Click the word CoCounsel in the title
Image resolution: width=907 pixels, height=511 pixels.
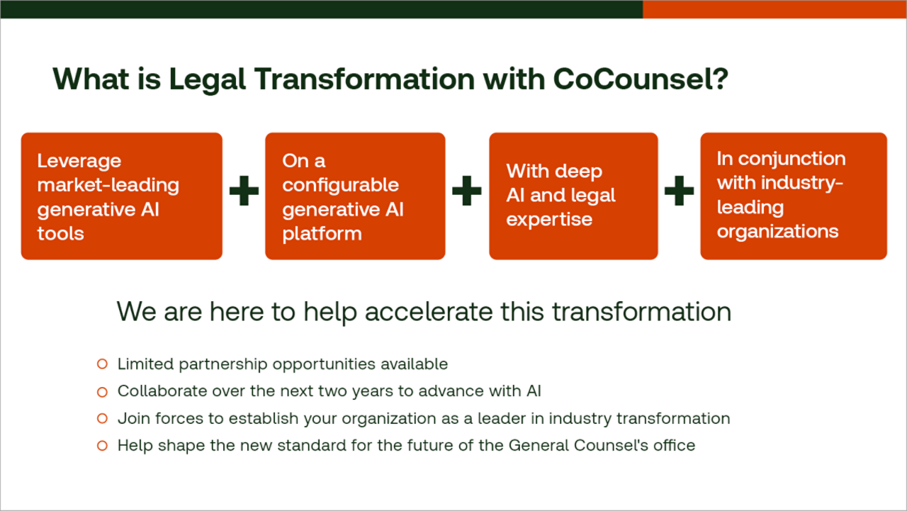pyautogui.click(x=640, y=79)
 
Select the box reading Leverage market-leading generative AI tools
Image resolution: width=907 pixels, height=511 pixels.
pyautogui.click(x=121, y=196)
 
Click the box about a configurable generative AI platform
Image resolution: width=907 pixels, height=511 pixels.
pyautogui.click(x=354, y=196)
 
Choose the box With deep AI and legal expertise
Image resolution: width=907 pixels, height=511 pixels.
pyautogui.click(x=573, y=196)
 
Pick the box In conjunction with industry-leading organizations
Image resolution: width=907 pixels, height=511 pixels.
pyautogui.click(x=793, y=196)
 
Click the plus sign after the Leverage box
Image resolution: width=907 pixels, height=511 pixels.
pyautogui.click(x=244, y=192)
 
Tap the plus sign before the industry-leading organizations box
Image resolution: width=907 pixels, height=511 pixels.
pyautogui.click(x=679, y=192)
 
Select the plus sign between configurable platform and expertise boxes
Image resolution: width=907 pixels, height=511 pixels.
pyautogui.click(x=466, y=192)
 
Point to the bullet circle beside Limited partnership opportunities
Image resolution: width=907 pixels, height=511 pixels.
pyautogui.click(x=102, y=364)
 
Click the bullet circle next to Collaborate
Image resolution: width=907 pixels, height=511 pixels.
pyautogui.click(x=102, y=391)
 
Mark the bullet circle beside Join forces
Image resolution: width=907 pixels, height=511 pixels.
pyautogui.click(x=102, y=419)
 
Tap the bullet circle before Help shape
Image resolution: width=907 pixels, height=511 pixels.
pyautogui.click(x=102, y=446)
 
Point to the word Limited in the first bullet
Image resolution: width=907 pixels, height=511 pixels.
pyautogui.click(x=145, y=364)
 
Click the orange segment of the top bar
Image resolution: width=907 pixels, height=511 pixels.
pyautogui.click(x=774, y=9)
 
